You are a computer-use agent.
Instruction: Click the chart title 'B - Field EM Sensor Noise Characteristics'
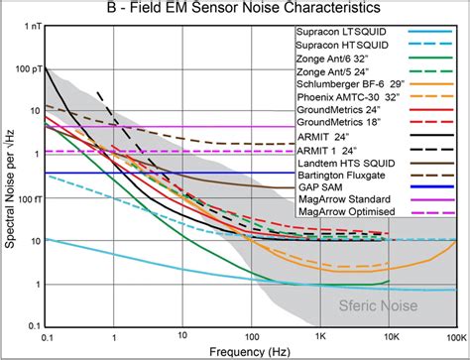[235, 9]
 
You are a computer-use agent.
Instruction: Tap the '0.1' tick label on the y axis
[31, 326]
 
